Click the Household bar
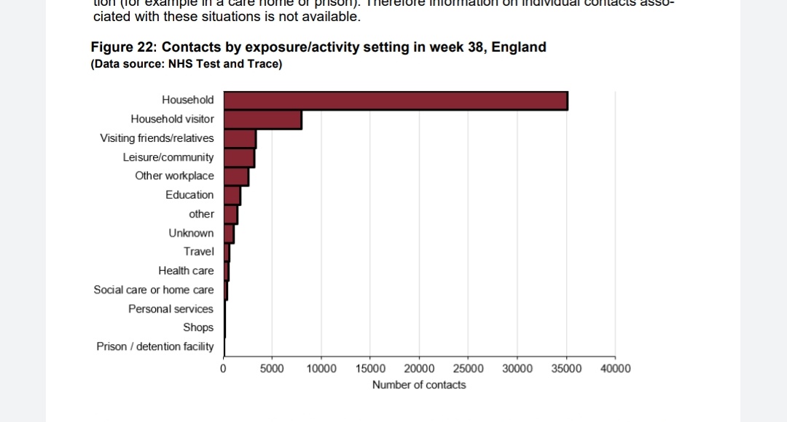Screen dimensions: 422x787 [x=395, y=100]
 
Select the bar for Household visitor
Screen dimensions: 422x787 [x=262, y=119]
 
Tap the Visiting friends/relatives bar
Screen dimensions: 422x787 [x=240, y=138]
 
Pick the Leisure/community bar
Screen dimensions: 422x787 [x=239, y=157]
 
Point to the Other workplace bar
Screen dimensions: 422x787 [x=236, y=176]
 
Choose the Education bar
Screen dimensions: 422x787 [x=232, y=195]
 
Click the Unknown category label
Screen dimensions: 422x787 [x=191, y=233]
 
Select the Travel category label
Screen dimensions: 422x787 [x=198, y=252]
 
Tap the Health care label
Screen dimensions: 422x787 [x=186, y=271]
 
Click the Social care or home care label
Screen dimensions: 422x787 [x=154, y=290]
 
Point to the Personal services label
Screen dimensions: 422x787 [x=171, y=308]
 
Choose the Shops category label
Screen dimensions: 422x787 [x=198, y=327]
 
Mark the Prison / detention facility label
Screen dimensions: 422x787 [x=155, y=346]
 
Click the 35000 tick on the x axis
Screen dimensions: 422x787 [x=566, y=369]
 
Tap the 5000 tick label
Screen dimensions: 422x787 [x=272, y=369]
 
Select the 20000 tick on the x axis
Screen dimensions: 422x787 [x=419, y=369]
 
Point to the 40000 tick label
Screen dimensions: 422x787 [x=615, y=369]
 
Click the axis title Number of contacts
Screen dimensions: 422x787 [x=419, y=385]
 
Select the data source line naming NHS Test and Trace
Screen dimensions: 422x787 [x=186, y=64]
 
